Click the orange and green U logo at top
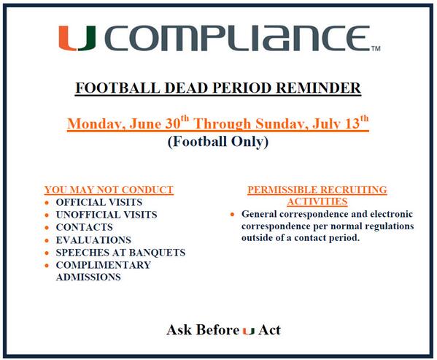[77, 38]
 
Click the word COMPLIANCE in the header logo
[239, 38]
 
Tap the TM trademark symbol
[376, 48]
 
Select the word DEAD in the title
[187, 88]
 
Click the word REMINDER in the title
[319, 88]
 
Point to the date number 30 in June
[173, 123]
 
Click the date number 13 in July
[352, 123]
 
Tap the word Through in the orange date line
[223, 123]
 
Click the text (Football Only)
[218, 142]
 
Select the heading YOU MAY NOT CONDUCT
[109, 190]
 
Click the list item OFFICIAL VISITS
[99, 202]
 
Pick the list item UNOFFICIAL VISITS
[107, 215]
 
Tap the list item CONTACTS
[84, 227]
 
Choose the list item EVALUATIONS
[93, 240]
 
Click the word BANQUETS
[157, 253]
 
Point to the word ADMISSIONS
[88, 277]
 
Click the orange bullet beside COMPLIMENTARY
[47, 265]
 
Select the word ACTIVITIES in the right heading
[317, 202]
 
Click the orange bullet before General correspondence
[233, 215]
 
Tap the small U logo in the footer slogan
[249, 331]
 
